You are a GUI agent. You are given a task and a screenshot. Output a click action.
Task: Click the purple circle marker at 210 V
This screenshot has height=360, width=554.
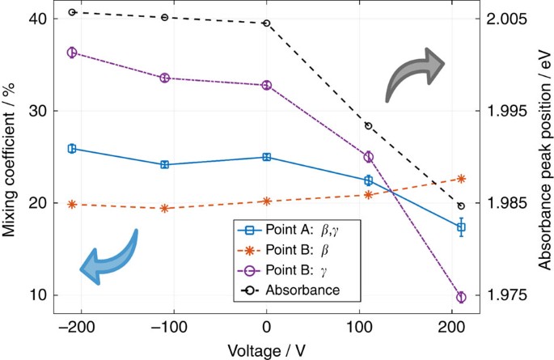[x=461, y=297]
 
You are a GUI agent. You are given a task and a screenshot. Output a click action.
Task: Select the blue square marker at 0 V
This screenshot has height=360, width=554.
[x=266, y=157]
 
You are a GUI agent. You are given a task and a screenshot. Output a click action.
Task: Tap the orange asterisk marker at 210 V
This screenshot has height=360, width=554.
[x=461, y=179]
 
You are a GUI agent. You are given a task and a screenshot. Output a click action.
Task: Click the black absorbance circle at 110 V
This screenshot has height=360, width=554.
[x=369, y=125]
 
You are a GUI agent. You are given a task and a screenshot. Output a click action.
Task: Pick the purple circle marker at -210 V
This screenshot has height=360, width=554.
[x=72, y=53]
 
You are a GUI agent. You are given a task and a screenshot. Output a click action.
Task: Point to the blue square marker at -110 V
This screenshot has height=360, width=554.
[x=165, y=164]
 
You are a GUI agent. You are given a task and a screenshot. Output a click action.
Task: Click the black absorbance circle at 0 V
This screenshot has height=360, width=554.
[x=266, y=23]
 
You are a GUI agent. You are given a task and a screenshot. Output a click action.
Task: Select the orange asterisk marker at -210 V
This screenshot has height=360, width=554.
[x=72, y=205]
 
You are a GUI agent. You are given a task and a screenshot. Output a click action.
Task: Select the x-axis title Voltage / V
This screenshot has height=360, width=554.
[x=267, y=353]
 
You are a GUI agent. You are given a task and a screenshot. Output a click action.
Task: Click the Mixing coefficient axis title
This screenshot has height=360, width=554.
[x=11, y=157]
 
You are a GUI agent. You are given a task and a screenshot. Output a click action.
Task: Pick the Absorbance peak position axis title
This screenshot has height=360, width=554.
[x=544, y=158]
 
